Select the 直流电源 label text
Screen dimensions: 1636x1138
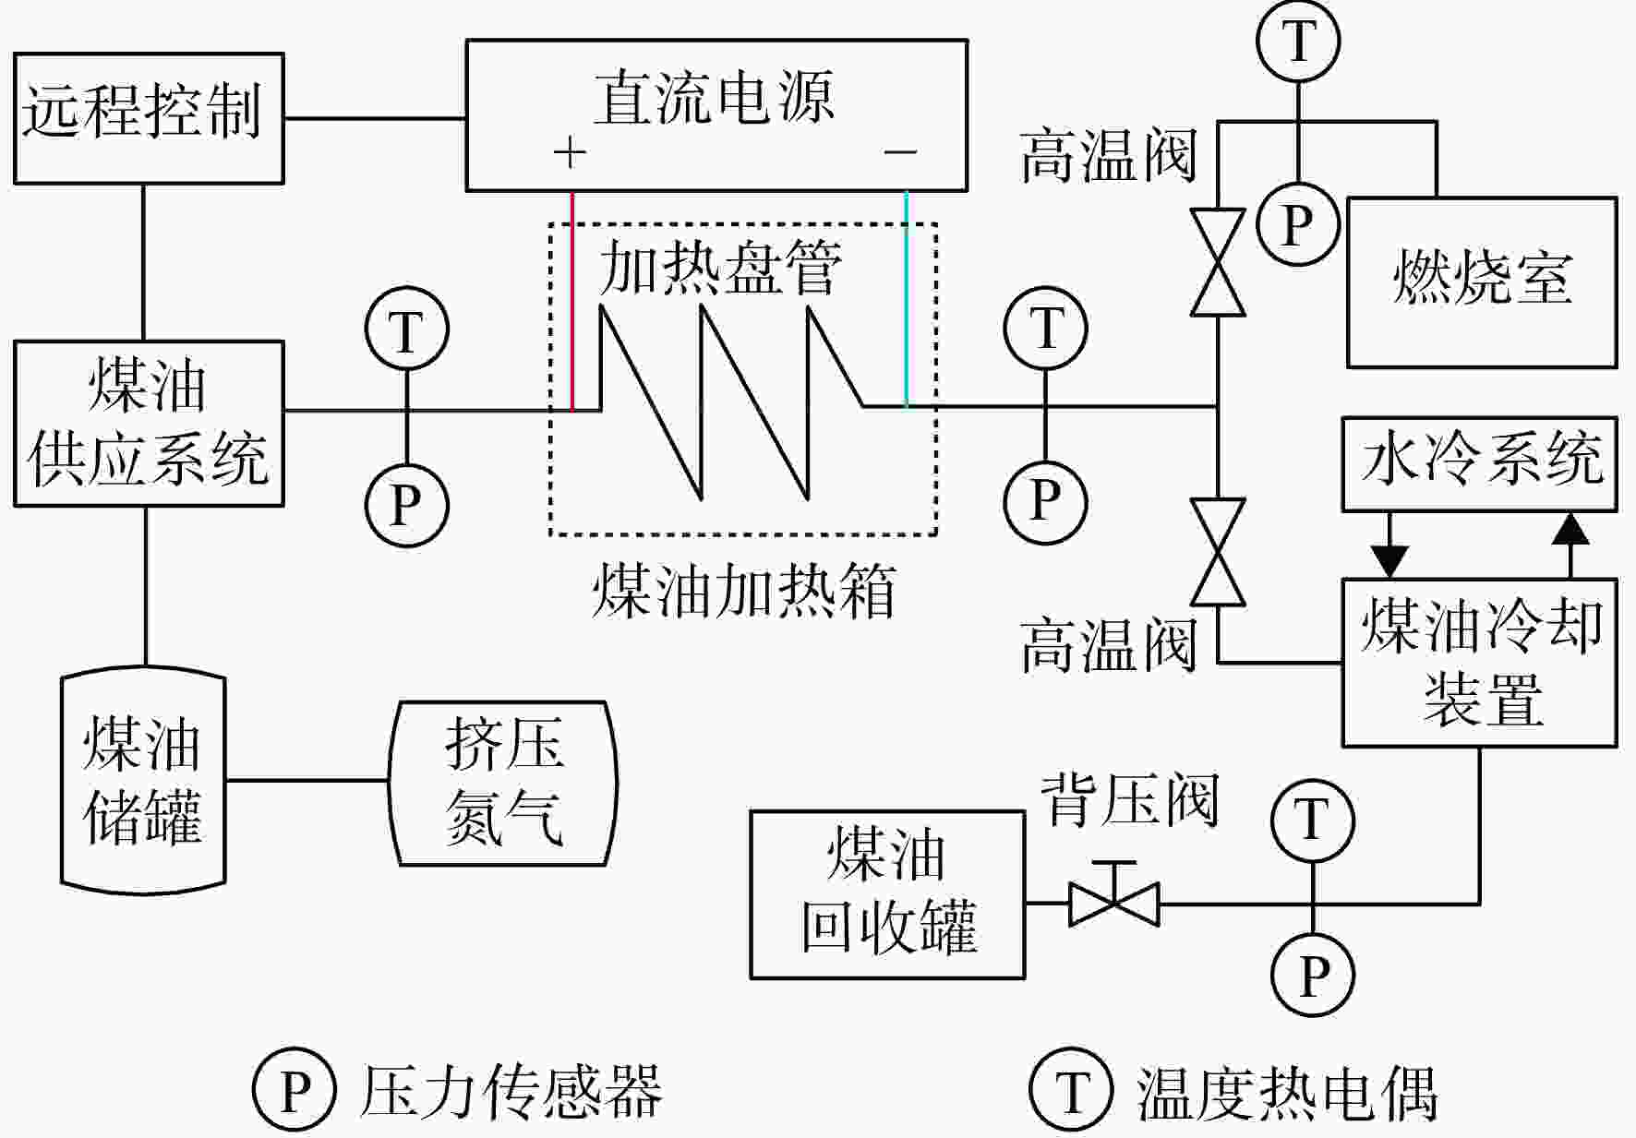pos(714,97)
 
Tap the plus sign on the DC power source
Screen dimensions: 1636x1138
pos(570,152)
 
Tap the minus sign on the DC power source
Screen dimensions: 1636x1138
pos(900,151)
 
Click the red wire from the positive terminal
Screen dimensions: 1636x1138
pos(573,301)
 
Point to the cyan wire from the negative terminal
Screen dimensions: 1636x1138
pos(907,299)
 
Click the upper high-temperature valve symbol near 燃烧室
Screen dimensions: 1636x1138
pos(1217,263)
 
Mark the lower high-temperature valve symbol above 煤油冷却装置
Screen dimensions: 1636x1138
pos(1217,552)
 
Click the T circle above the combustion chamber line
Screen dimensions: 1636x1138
pos(1298,42)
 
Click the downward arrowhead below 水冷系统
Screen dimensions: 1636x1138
pos(1389,562)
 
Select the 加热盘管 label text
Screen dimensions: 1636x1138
pos(720,269)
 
